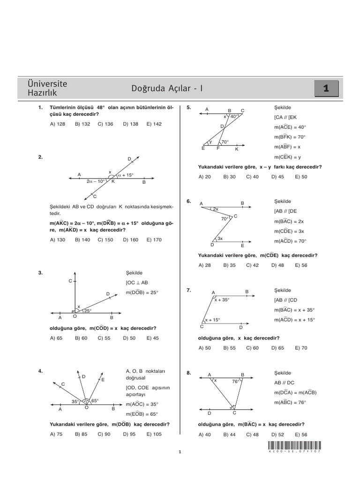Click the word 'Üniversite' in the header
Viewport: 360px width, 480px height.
(48, 84)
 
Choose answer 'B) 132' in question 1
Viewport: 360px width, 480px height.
(82, 124)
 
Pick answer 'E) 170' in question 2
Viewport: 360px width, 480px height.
(154, 240)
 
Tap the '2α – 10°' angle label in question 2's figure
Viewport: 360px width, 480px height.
(96, 181)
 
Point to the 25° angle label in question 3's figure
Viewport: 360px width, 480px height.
(87, 310)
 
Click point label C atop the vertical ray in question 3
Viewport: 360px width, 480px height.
(70, 281)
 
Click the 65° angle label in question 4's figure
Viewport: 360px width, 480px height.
(95, 401)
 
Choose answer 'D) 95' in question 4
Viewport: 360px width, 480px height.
(129, 434)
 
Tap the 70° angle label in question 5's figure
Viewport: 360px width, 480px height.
(225, 142)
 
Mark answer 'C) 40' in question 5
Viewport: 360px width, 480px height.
(253, 177)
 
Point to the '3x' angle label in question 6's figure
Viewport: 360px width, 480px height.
(219, 239)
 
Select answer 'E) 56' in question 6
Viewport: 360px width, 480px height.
(301, 265)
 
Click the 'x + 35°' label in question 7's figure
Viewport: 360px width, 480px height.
(222, 300)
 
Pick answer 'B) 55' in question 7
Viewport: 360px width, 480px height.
(229, 348)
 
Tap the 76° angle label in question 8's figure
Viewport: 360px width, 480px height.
(236, 382)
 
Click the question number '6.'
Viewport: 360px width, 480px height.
(188, 201)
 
